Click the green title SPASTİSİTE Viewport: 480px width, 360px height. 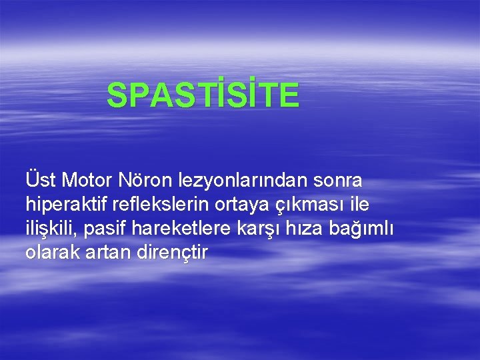point(203,95)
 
